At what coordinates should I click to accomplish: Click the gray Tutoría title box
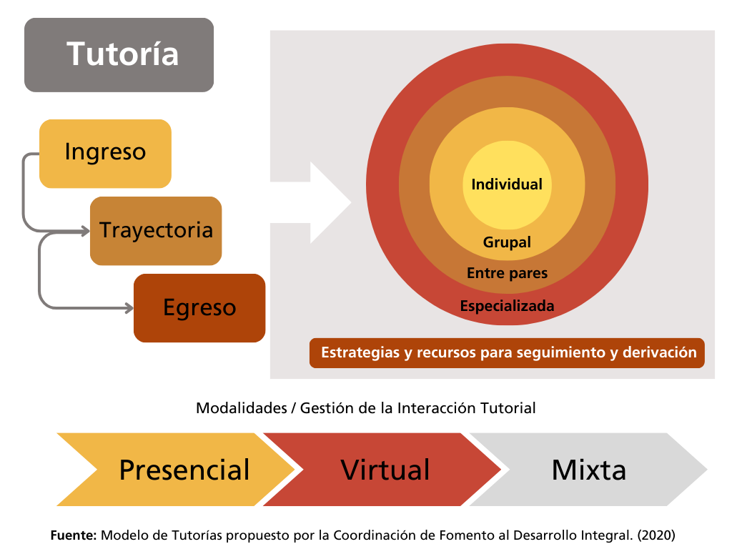(x=119, y=55)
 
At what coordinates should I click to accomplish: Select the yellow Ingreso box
(x=105, y=153)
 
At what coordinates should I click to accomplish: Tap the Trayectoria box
(x=156, y=230)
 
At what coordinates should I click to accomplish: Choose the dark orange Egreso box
(x=199, y=308)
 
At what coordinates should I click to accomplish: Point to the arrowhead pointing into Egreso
(x=129, y=308)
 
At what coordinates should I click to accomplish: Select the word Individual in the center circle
(x=507, y=184)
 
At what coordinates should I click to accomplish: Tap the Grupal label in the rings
(x=507, y=242)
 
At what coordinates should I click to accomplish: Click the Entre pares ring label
(x=507, y=273)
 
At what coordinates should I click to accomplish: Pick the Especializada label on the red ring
(x=507, y=306)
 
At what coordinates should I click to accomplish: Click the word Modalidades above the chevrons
(x=241, y=408)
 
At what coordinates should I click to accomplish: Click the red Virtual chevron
(x=385, y=470)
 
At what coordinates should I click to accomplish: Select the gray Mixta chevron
(x=588, y=470)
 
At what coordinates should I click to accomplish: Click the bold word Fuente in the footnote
(x=73, y=535)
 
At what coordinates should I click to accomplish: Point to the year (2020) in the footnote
(x=656, y=535)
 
